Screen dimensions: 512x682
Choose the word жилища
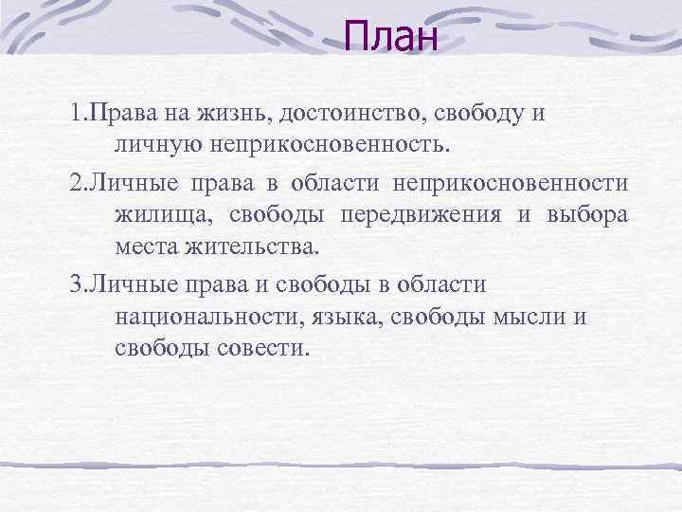coord(161,216)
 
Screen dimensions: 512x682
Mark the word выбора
coord(587,214)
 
